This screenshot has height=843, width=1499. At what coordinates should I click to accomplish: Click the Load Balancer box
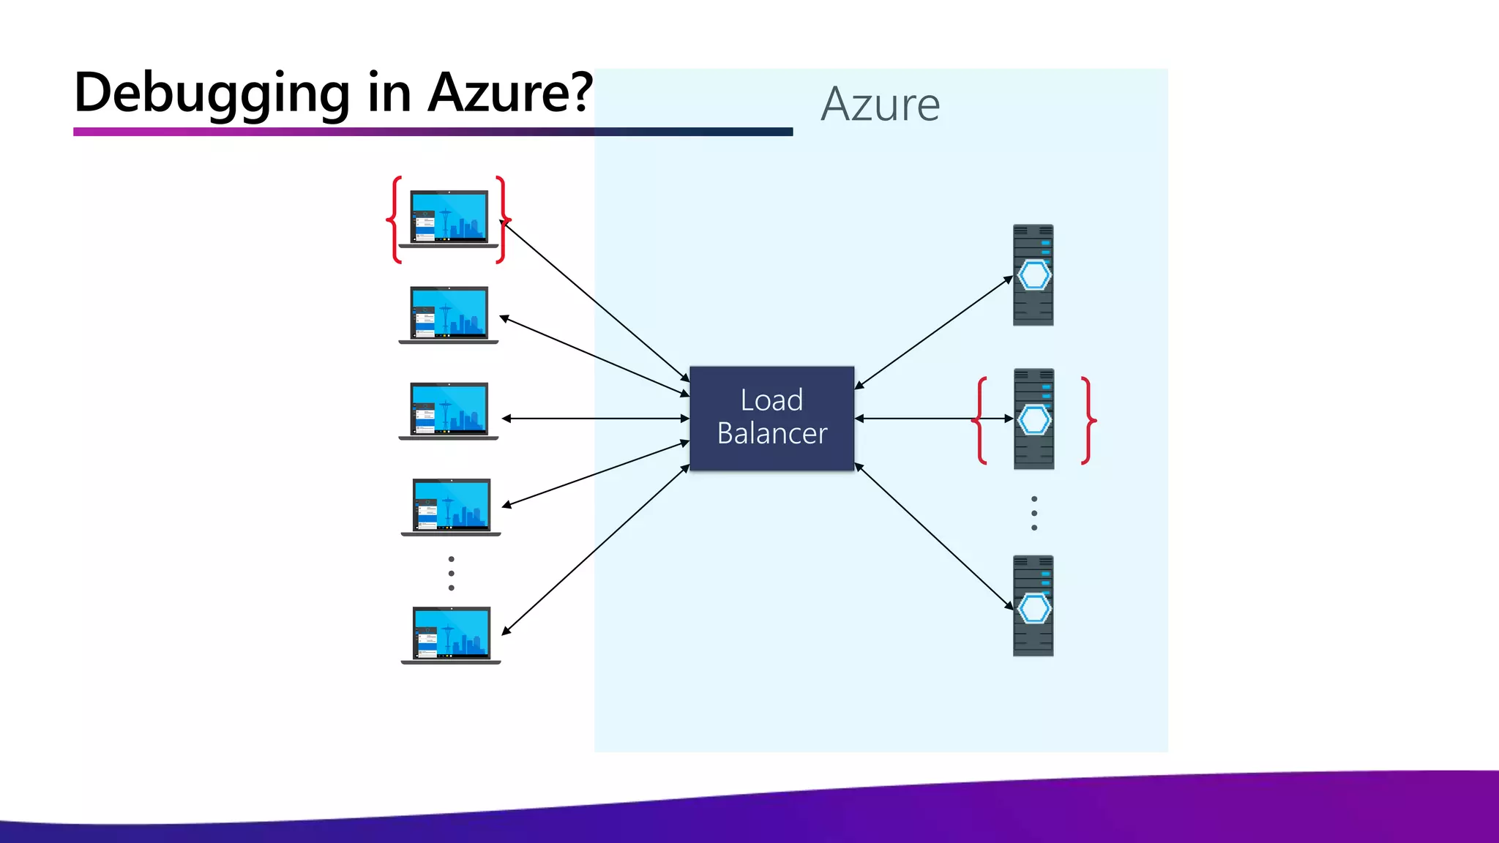(771, 418)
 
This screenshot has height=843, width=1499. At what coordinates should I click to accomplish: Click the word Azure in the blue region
(881, 105)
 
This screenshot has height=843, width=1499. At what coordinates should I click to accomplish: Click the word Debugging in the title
(212, 94)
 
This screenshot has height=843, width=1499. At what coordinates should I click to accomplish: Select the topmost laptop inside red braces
(449, 219)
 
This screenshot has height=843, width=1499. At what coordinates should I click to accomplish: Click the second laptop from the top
(449, 315)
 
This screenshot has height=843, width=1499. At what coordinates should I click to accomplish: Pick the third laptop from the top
(449, 411)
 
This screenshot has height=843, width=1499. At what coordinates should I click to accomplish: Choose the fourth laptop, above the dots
(451, 506)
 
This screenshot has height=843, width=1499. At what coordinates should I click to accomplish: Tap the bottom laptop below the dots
(451, 634)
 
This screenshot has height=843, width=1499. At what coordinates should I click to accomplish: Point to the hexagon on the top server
(1033, 275)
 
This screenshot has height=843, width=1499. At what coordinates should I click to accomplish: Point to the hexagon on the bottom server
(1033, 608)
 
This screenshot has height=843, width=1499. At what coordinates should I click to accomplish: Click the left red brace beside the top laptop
(395, 219)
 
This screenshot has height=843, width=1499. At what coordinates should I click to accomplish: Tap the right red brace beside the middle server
(1088, 420)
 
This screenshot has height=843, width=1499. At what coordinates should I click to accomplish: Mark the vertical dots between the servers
(1033, 513)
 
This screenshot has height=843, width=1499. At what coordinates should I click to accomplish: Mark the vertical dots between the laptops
(451, 573)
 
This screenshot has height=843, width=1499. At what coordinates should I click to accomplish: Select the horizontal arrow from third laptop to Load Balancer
(594, 419)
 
